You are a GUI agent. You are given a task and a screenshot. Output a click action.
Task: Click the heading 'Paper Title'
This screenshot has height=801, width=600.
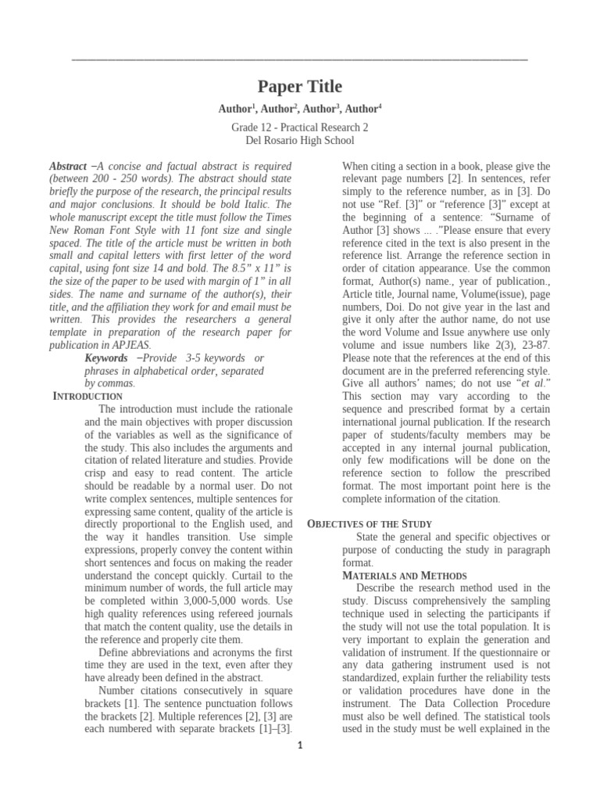(x=300, y=87)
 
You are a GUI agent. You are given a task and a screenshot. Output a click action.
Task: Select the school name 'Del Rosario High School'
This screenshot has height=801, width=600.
(x=300, y=141)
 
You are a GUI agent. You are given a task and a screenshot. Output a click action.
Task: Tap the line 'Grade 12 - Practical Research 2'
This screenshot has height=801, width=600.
(x=300, y=127)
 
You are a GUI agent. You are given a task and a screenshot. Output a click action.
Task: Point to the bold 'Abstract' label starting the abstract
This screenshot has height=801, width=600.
(x=68, y=167)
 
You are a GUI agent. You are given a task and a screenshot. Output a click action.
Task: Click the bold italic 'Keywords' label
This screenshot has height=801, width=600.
(x=106, y=357)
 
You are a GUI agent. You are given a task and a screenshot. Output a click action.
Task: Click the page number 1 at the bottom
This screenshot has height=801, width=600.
(x=300, y=745)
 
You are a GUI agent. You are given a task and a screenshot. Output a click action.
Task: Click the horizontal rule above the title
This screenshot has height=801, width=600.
(x=300, y=59)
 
